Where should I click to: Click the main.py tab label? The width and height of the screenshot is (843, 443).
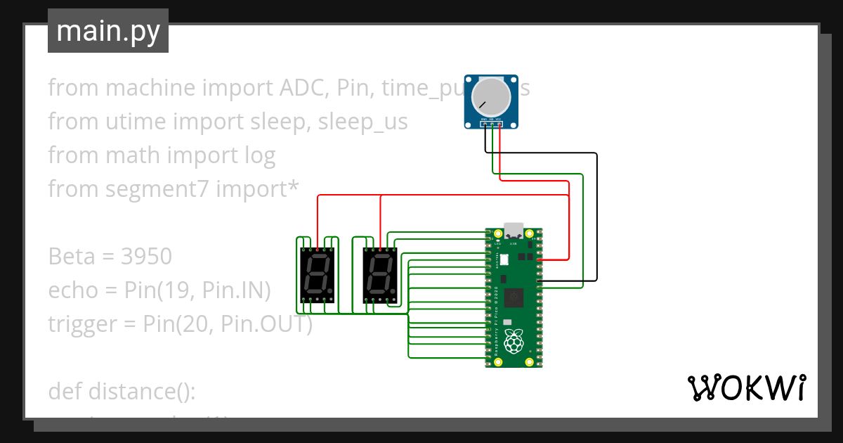pos(107,31)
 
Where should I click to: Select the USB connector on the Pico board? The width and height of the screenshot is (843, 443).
pos(514,230)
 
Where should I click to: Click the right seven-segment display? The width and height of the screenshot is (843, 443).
pos(379,275)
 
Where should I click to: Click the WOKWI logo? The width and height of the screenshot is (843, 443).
pos(745,387)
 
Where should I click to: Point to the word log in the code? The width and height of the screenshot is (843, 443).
pos(259,155)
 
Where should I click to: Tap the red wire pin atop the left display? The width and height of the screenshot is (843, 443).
pos(318,248)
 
